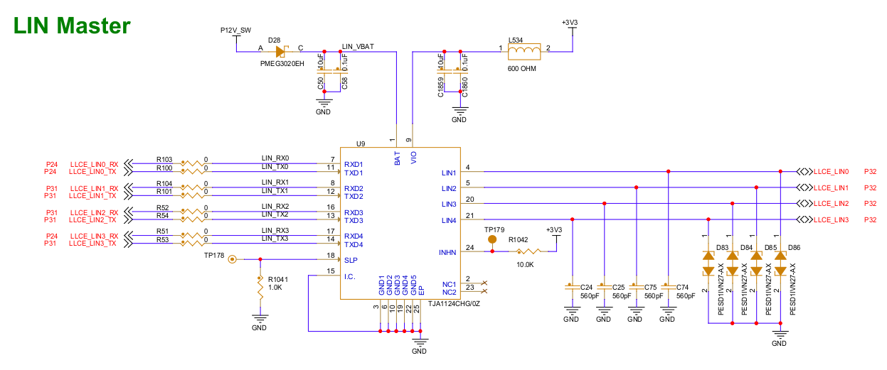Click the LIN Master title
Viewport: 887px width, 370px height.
point(73,26)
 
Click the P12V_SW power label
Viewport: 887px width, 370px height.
point(235,30)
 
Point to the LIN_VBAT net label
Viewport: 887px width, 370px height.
point(358,46)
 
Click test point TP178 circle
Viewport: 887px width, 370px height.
point(232,259)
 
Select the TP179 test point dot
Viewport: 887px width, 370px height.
point(492,240)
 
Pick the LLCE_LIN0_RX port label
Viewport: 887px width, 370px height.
point(94,164)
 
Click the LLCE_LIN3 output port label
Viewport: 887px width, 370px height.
point(831,220)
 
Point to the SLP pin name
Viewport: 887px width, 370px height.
point(350,260)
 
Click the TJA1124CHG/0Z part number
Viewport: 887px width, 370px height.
point(455,303)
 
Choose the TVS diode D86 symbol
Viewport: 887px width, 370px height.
point(781,263)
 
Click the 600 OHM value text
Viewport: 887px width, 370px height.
point(522,69)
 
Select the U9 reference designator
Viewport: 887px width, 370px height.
point(360,143)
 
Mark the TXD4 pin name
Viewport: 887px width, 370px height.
point(354,244)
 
